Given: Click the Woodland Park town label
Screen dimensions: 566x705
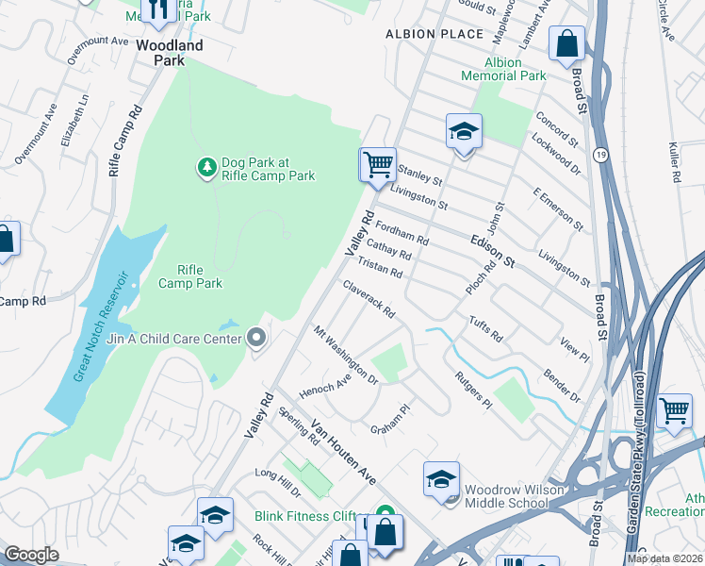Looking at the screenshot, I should click(x=169, y=52).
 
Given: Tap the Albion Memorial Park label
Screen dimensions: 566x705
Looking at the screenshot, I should click(x=503, y=69).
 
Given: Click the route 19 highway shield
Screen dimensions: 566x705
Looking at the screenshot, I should click(x=599, y=153).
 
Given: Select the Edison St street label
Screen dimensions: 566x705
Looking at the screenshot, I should click(x=492, y=251).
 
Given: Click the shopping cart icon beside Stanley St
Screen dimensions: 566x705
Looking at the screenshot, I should click(x=377, y=165).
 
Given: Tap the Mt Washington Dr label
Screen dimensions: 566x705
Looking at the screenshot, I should click(x=346, y=356).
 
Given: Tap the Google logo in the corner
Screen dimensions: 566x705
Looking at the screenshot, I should click(x=31, y=555).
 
